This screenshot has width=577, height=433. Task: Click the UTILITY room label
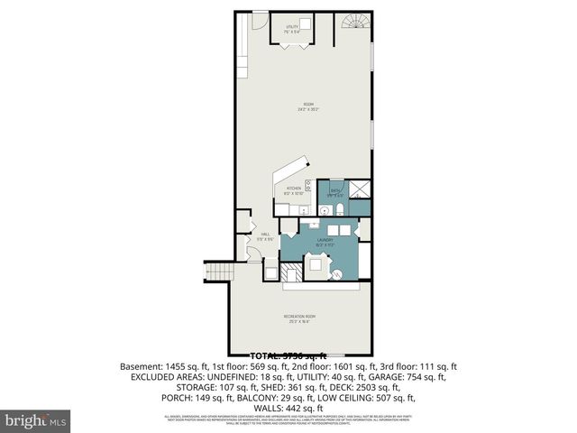[291, 29]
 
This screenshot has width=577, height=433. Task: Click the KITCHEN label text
[293, 190]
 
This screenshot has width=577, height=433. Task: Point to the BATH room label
[335, 191]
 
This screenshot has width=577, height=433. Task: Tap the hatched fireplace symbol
[291, 272]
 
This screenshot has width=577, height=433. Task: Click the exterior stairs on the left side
[217, 272]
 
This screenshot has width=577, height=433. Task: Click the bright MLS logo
[37, 419]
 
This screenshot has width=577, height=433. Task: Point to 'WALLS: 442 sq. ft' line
[289, 407]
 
